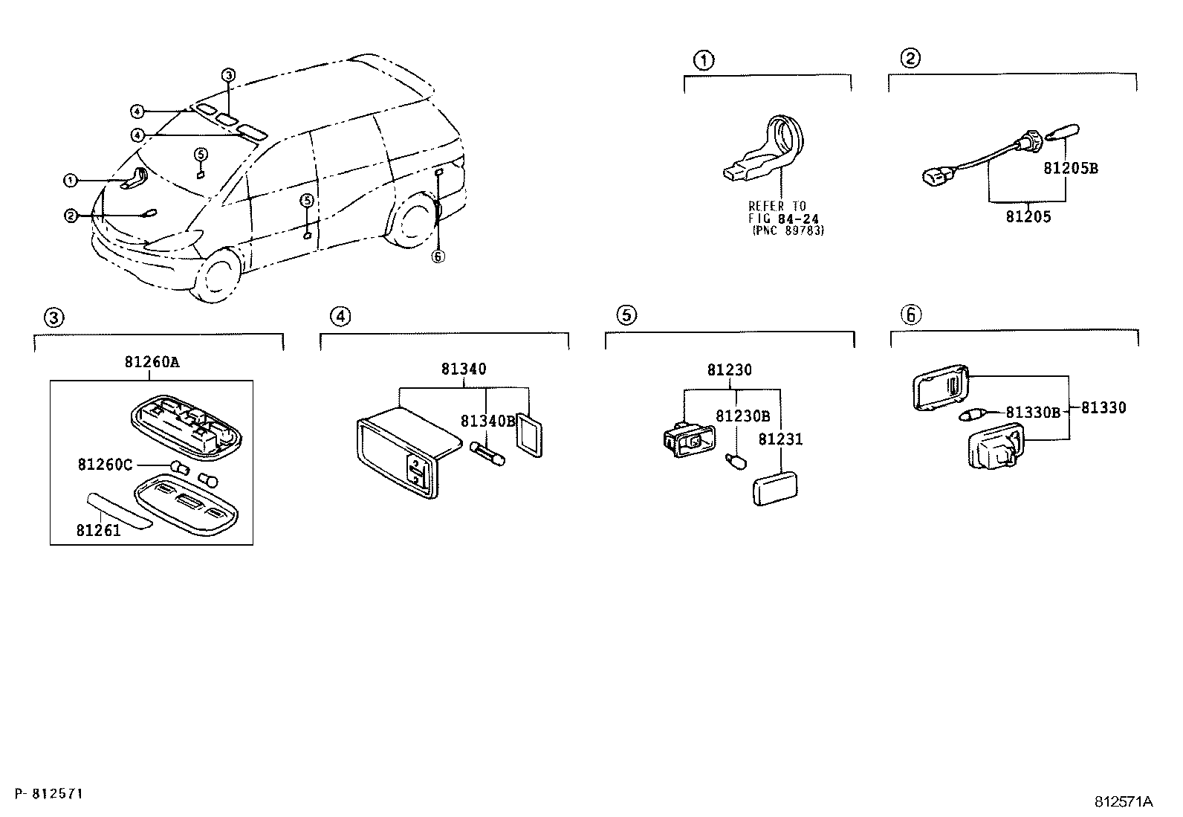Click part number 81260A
coord(152,363)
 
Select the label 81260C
coord(104,465)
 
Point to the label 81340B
coord(487,421)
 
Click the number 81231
coord(780,439)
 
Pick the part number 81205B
coord(1070,168)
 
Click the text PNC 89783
coord(788,230)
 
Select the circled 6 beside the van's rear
coord(438,256)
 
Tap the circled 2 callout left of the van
coord(71,216)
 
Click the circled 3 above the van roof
coord(229,74)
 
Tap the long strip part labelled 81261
coord(118,511)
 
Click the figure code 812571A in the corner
coord(1122,801)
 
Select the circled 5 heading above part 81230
coord(626,315)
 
